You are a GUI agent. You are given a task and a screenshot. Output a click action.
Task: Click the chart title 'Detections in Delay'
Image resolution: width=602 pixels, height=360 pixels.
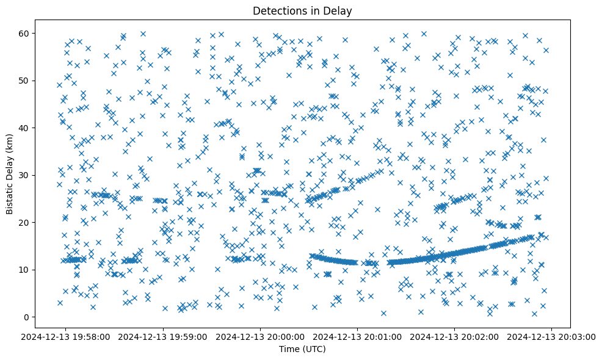pyautogui.click(x=302, y=11)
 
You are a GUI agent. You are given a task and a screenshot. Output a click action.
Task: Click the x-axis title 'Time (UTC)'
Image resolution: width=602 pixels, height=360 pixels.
pyautogui.click(x=302, y=349)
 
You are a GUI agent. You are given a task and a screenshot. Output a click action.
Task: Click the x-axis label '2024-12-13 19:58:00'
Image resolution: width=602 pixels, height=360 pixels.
pyautogui.click(x=67, y=337)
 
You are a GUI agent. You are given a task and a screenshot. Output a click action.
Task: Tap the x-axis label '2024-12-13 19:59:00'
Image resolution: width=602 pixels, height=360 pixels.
pyautogui.click(x=164, y=337)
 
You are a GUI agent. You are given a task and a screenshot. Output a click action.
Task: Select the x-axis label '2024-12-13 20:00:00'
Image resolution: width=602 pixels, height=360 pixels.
pyautogui.click(x=261, y=337)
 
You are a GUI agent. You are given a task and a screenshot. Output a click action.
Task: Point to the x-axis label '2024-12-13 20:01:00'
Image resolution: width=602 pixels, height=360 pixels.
pyautogui.click(x=358, y=337)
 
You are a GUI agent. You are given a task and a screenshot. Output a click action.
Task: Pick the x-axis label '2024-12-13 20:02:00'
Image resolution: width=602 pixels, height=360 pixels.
pyautogui.click(x=455, y=337)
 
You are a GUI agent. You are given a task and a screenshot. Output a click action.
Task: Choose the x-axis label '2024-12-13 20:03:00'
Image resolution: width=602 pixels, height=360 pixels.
pyautogui.click(x=552, y=337)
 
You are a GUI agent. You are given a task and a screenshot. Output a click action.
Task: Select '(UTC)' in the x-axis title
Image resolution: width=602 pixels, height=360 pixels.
pyautogui.click(x=314, y=349)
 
